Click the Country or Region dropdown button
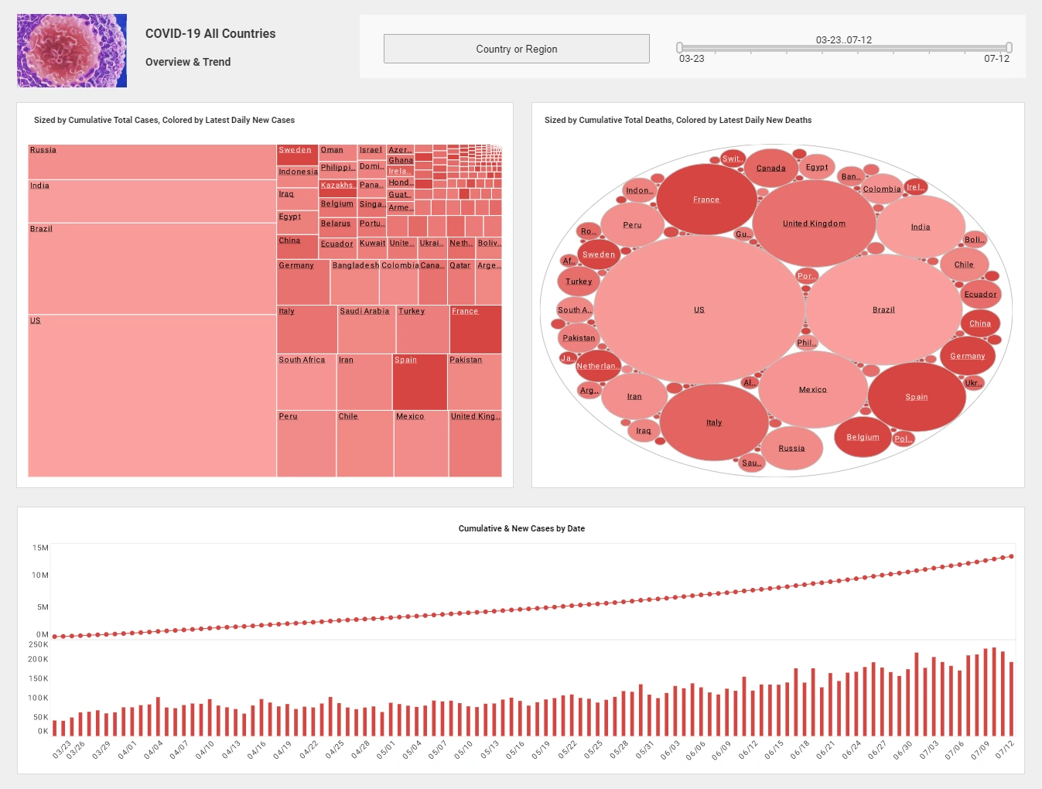coord(516,49)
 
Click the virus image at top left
coord(72,50)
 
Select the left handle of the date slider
coord(679,48)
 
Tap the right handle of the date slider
coord(1009,48)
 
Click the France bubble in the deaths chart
coord(706,200)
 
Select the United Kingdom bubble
coord(814,224)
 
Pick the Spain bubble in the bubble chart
coord(917,397)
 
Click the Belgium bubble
coord(863,437)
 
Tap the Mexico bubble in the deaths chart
coord(813,390)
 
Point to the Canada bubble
coord(771,168)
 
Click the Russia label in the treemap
coord(43,150)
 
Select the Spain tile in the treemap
coord(420,382)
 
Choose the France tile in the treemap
coord(476,330)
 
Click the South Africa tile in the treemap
coord(306,382)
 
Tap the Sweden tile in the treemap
coord(297,155)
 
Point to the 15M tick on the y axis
coord(40,548)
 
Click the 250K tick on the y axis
coord(39,644)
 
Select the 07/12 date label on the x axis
coord(1004,750)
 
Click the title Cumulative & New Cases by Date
coord(521,528)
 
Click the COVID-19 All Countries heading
coord(210,33)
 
